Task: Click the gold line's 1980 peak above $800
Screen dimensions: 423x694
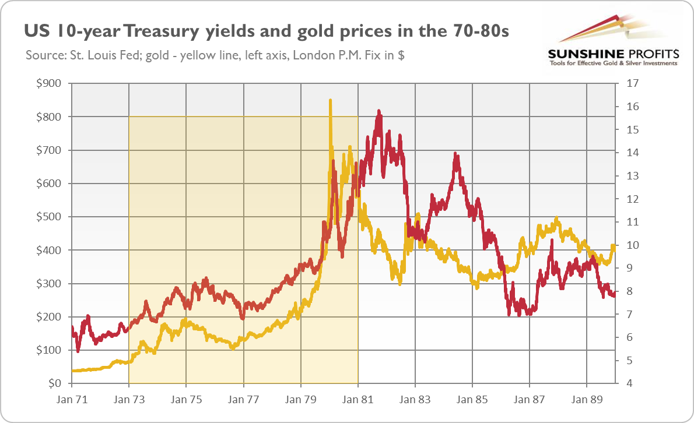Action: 330,101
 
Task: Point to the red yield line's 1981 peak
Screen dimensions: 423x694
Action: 379,111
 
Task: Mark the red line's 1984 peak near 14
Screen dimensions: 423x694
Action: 456,155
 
